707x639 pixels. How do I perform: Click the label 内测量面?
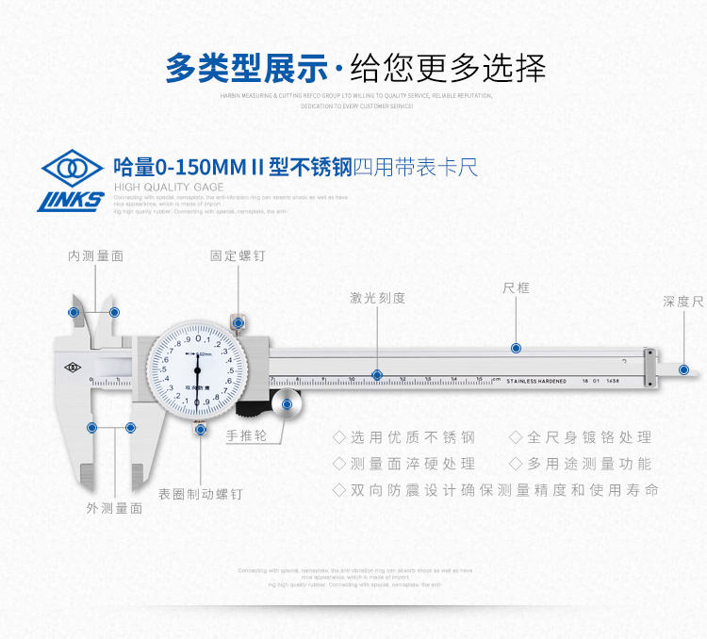click(x=95, y=255)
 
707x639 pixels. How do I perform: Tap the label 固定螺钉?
click(x=238, y=255)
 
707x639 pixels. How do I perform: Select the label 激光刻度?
click(x=377, y=298)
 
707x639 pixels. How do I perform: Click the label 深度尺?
click(x=682, y=302)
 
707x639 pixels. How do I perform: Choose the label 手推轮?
click(x=247, y=435)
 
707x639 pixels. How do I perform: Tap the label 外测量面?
click(x=114, y=507)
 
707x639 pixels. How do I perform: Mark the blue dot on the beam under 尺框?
click(x=516, y=348)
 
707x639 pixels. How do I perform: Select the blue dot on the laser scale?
click(x=377, y=375)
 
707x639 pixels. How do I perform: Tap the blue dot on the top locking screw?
click(x=238, y=322)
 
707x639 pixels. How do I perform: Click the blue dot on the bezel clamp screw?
click(x=201, y=429)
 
